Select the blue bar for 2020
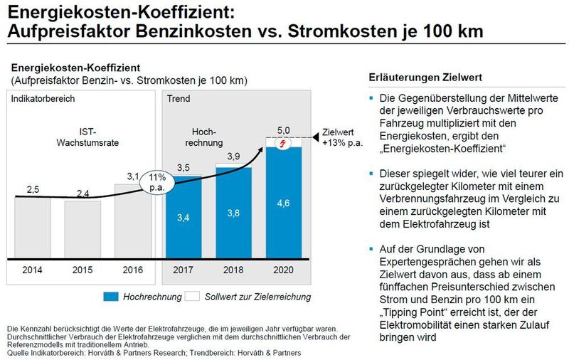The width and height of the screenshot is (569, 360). coord(283,206)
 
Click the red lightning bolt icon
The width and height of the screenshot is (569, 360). coord(283,143)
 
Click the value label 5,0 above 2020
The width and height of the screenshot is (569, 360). coord(283,129)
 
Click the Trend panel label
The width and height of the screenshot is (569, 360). coord(178,98)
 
